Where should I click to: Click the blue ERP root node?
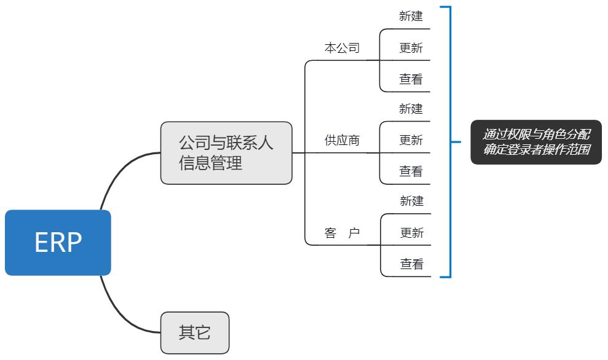click(58, 243)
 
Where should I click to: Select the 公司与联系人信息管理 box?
click(226, 153)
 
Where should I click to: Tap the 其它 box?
click(195, 333)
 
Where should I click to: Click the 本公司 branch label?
click(342, 48)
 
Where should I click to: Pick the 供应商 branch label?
click(342, 140)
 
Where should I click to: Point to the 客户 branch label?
click(342, 233)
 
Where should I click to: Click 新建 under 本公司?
click(411, 17)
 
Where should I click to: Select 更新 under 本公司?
click(411, 48)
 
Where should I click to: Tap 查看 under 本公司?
click(411, 79)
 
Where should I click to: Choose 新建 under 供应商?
click(411, 109)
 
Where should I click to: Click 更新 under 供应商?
click(411, 140)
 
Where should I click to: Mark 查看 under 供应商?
click(411, 171)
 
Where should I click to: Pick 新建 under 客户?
click(412, 201)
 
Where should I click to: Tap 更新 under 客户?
click(412, 233)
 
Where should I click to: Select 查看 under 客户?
click(412, 264)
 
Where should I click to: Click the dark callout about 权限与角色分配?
click(536, 142)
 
